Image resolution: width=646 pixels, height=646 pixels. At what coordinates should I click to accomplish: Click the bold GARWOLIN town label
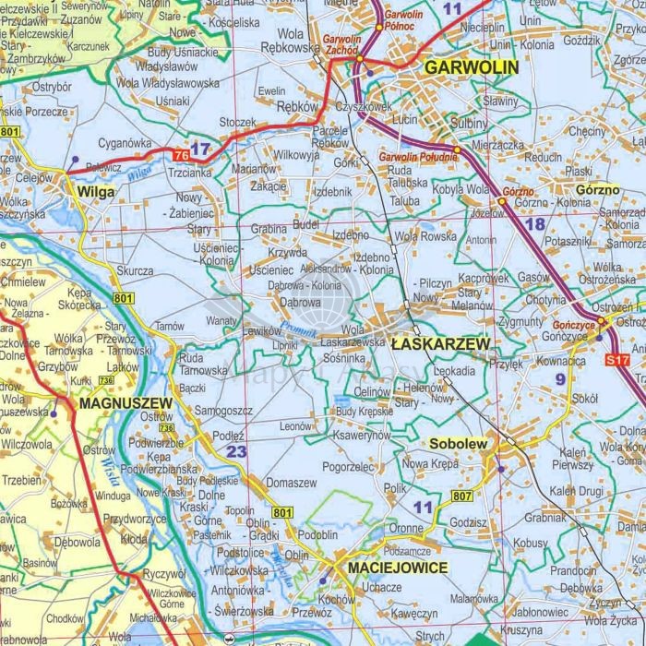click(471, 67)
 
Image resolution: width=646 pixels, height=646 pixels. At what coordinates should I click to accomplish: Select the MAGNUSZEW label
click(126, 403)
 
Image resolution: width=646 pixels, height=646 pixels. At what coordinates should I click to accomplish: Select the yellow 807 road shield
click(461, 496)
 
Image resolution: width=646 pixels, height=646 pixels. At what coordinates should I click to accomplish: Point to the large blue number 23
click(237, 451)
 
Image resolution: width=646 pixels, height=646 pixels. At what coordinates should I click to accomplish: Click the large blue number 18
click(534, 224)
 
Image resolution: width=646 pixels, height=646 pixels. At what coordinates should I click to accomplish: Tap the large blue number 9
click(559, 377)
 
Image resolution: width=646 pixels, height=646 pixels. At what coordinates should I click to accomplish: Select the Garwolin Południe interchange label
click(418, 158)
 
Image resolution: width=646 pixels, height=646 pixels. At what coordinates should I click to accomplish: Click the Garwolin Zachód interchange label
click(341, 46)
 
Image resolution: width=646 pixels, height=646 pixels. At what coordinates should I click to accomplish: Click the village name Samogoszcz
click(223, 410)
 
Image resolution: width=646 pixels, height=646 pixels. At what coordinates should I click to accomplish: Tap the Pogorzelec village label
click(348, 467)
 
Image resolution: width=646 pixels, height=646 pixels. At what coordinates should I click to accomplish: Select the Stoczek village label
click(237, 122)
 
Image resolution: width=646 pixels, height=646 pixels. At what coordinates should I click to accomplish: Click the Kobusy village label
click(530, 544)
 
